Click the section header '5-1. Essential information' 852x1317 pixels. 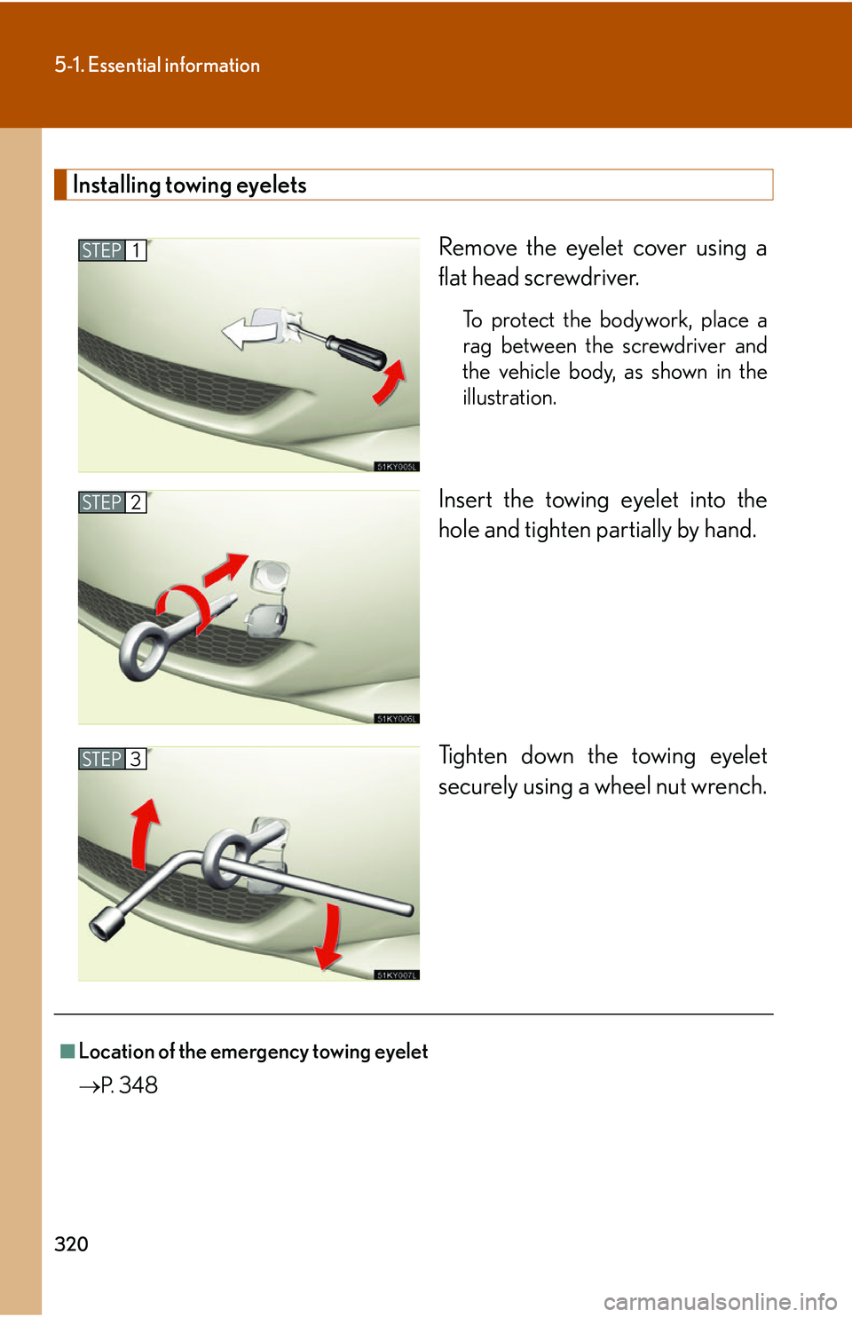(157, 65)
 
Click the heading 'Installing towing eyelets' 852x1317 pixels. (189, 185)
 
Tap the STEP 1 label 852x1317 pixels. (112, 250)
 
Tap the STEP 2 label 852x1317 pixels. (112, 502)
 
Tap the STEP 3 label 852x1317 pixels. (112, 759)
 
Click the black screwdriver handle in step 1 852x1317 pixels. (357, 351)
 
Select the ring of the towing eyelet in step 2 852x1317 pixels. (142, 651)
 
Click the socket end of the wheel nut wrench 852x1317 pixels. (106, 924)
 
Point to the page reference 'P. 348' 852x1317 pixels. (129, 1085)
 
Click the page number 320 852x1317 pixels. (71, 1243)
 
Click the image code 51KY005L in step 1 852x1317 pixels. (396, 467)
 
